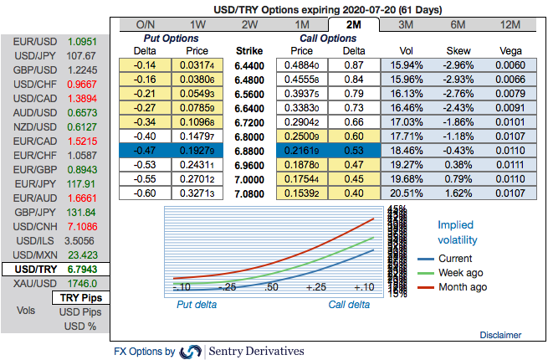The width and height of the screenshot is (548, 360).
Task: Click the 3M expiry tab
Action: click(403, 24)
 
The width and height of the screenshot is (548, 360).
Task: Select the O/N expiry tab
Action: click(145, 24)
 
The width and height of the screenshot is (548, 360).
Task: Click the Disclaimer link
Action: click(500, 335)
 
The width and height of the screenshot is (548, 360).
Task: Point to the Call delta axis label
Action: click(349, 305)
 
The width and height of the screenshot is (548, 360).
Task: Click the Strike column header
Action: click(249, 50)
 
